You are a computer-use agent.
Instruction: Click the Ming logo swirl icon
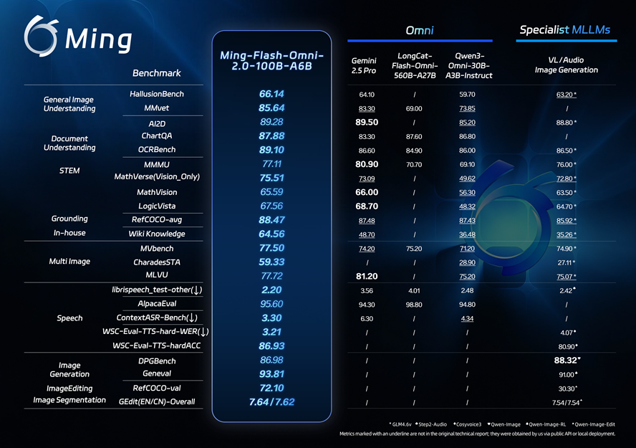coord(40,35)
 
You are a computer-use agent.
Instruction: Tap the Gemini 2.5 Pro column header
coord(365,65)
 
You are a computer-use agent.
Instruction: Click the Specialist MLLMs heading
coord(567,29)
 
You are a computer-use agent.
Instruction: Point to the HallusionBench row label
coord(157,94)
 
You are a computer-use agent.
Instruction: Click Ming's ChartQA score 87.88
coord(271,135)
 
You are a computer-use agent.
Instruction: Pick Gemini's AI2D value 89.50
coord(366,122)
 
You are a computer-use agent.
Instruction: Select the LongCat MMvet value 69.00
coord(414,108)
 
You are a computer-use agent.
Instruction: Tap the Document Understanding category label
coord(69,143)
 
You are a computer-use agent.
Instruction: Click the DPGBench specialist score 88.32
coord(565,360)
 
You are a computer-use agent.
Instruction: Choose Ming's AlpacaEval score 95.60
coord(271,304)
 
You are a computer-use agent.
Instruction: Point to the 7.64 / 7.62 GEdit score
coord(271,401)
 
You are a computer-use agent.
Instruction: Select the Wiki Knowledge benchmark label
coord(156,234)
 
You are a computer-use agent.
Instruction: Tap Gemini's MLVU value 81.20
coord(366,276)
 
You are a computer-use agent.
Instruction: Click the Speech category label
coord(69,318)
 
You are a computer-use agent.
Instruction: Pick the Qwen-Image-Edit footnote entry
coord(594,424)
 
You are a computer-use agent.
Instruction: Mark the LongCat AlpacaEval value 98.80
coord(414,304)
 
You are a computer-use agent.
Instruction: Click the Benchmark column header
coord(157,73)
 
